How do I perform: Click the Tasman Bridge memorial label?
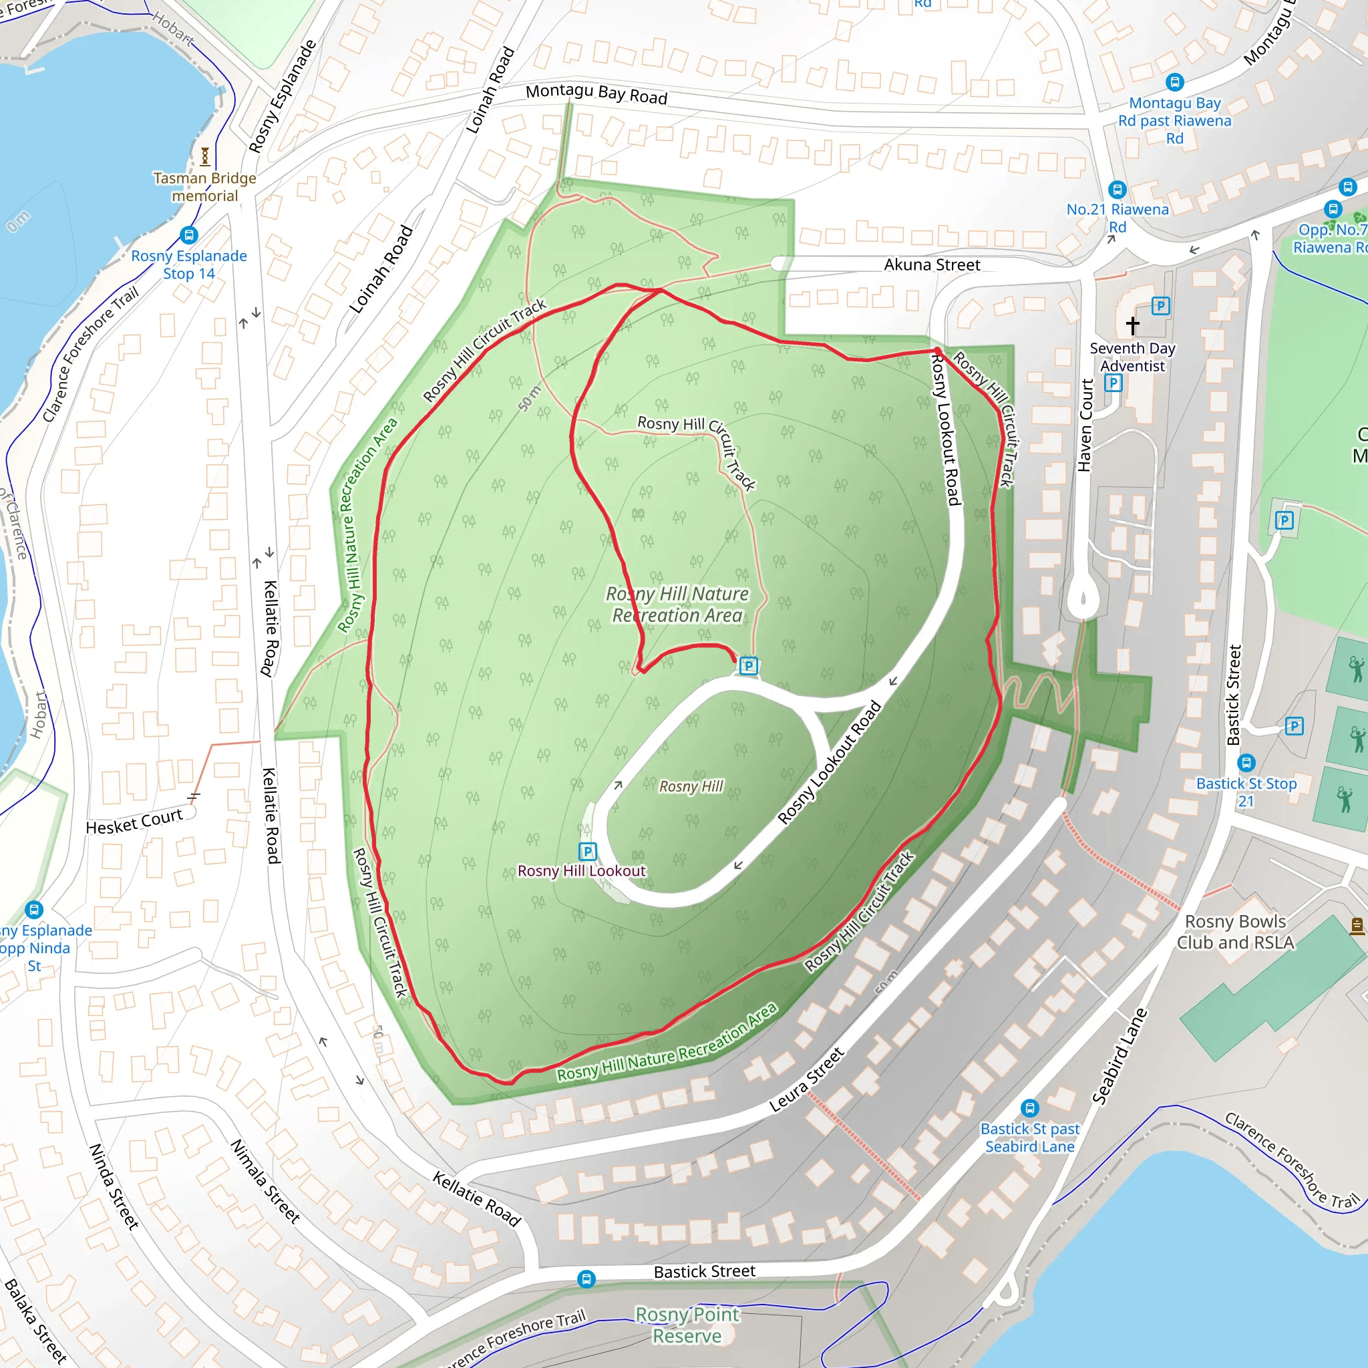tap(204, 187)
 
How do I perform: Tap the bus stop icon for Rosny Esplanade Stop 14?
tap(188, 234)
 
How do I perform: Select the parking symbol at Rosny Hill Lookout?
tap(588, 851)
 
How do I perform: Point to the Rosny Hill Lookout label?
tap(581, 871)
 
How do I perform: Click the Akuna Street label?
tap(932, 265)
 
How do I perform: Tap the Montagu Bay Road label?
tap(596, 94)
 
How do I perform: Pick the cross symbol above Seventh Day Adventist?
tap(1133, 325)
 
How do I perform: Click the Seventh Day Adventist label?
tap(1132, 357)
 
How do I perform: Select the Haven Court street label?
tap(1085, 425)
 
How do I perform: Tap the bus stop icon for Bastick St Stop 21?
tap(1246, 763)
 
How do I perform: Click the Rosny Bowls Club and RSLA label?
tap(1236, 932)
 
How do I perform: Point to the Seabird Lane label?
tap(1119, 1056)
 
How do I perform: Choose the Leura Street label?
tap(806, 1080)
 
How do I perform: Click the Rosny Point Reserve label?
tap(687, 1325)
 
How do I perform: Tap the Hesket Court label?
tap(134, 822)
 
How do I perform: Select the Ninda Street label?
tap(114, 1186)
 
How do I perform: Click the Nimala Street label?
tap(266, 1181)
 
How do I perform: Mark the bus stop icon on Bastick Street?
tap(586, 1278)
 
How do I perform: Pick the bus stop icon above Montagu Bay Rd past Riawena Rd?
tap(1175, 81)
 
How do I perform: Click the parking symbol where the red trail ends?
tap(748, 665)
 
